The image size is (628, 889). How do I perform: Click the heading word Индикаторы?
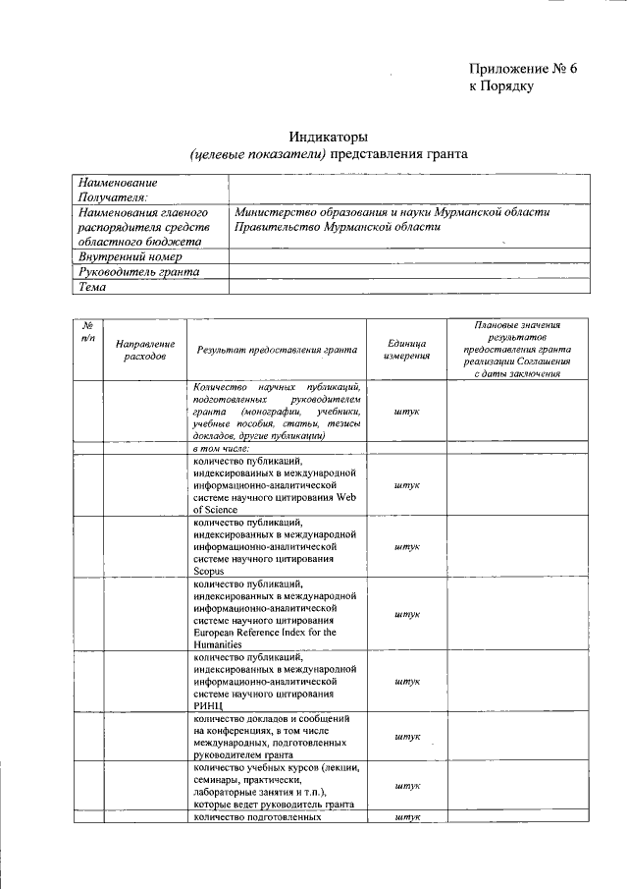tap(328, 136)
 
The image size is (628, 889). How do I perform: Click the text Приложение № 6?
tap(523, 68)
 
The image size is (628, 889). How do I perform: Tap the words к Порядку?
tap(500, 86)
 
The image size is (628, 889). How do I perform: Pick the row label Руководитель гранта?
tap(138, 271)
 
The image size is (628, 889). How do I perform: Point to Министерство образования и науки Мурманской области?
tap(392, 212)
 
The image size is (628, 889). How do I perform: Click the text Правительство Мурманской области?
tap(338, 227)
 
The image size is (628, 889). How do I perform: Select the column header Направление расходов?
tap(145, 350)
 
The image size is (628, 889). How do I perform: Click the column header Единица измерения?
tap(406, 350)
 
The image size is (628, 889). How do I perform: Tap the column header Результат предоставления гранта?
tap(276, 350)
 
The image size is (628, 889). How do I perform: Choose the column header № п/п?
tap(87, 331)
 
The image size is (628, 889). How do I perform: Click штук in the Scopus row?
tap(406, 546)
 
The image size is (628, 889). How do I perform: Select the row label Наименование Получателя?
tap(118, 190)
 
